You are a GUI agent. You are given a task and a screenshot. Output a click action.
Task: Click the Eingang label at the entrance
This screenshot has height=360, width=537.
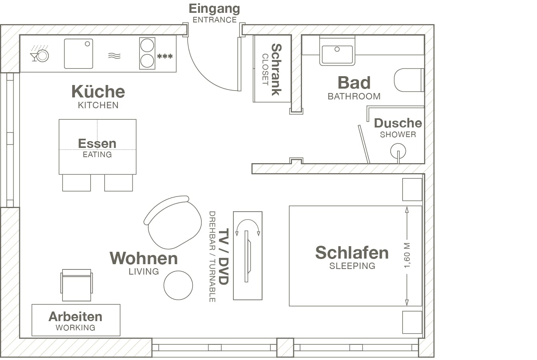214,9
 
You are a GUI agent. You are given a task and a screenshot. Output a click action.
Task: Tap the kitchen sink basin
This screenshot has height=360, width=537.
78,54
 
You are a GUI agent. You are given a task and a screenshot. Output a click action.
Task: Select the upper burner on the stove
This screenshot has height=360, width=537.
147,45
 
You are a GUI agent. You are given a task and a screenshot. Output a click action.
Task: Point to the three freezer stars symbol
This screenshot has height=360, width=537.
165,56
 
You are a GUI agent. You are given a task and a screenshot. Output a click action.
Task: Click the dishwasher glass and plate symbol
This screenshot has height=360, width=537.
39,54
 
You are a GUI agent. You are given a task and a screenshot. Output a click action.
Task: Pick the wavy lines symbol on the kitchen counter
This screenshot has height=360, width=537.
114,56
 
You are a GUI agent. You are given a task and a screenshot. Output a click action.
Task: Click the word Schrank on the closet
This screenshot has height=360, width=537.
276,69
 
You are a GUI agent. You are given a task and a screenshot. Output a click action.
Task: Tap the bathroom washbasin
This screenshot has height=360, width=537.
337,54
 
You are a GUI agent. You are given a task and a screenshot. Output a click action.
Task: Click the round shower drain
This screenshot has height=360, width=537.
398,151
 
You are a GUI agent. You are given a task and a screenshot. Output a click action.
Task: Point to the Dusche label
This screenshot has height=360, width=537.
398,123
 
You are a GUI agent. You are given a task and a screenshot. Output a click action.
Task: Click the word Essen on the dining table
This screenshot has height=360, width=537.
97,144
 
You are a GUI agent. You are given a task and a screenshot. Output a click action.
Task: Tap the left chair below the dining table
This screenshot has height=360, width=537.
77,183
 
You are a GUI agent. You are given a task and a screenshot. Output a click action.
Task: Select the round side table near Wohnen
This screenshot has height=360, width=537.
178,285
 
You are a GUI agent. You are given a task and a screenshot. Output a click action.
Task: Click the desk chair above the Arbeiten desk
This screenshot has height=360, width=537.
77,285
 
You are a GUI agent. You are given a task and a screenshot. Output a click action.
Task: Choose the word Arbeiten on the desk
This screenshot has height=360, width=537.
75,317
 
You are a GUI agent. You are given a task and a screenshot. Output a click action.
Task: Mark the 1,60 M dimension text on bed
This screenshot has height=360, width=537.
407,255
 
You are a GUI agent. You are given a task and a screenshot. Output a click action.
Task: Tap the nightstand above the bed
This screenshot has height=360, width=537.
412,189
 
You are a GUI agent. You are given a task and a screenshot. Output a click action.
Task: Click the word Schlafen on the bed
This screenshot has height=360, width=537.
352,253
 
